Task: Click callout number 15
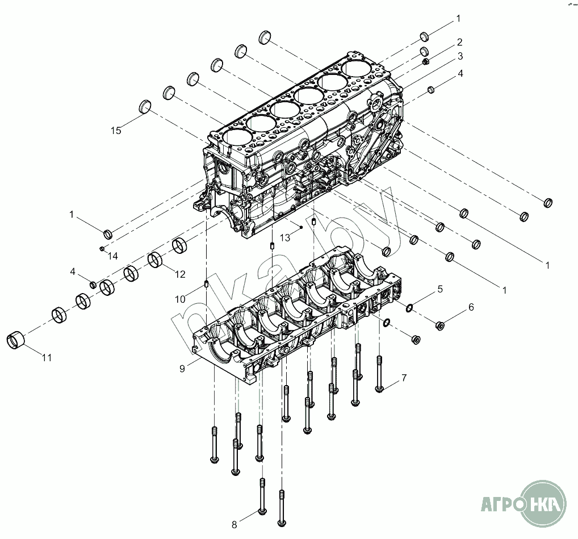click(116, 131)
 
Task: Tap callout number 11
click(47, 358)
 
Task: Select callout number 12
click(179, 274)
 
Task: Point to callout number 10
click(180, 299)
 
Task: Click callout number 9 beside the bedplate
click(182, 369)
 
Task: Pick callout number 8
click(234, 524)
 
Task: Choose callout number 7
click(404, 378)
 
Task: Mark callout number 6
click(471, 307)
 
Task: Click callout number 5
click(439, 289)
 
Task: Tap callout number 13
click(285, 237)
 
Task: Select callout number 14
click(113, 256)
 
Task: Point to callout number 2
click(459, 42)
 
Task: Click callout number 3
click(460, 56)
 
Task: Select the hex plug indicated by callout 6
click(439, 326)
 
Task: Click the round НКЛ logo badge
click(545, 503)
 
